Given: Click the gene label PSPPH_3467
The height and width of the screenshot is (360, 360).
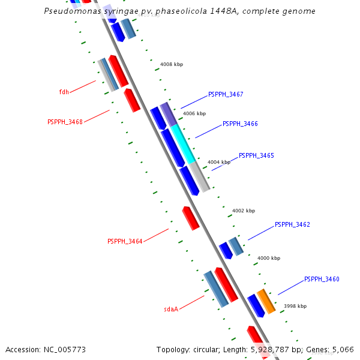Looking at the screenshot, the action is tap(225, 95).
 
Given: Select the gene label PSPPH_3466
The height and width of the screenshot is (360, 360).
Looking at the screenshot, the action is tap(240, 124).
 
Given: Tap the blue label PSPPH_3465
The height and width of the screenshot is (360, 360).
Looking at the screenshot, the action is tap(256, 156).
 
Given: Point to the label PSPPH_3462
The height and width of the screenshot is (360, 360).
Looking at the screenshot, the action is tap(292, 225).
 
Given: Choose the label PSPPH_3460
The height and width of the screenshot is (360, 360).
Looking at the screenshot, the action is tap(322, 280).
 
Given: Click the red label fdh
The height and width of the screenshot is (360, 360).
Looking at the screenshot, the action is tap(64, 92).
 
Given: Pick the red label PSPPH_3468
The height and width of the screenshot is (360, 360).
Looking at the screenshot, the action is tap(65, 122).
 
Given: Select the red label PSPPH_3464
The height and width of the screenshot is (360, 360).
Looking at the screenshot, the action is tap(125, 242).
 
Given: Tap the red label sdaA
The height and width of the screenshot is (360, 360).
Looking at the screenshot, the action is tap(171, 310).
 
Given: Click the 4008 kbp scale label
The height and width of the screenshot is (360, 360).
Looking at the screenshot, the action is tap(172, 64).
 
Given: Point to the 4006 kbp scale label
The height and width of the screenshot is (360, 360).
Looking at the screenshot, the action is tap(194, 113).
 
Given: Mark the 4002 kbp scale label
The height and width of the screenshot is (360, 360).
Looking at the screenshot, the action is tap(244, 211).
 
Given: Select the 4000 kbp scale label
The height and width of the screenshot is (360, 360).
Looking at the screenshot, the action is tap(269, 259).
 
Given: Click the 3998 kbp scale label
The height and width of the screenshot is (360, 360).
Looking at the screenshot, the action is tap(295, 306).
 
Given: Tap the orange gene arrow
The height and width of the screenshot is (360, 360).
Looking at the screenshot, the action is tap(266, 301).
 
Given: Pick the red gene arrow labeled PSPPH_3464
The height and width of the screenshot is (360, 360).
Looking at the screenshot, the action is tap(191, 218).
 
